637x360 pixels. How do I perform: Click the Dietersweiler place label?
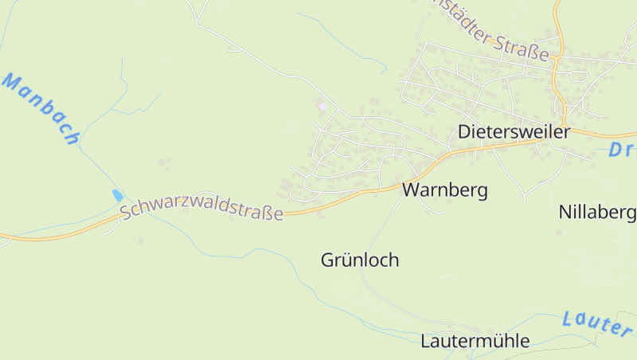(514, 132)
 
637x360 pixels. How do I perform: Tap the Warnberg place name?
(444, 190)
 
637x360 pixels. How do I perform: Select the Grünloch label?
(360, 260)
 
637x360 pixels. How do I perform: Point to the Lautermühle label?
(475, 341)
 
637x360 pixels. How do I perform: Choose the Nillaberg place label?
(596, 212)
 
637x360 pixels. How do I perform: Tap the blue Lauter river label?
(596, 322)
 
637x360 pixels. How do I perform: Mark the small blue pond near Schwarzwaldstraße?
(118, 194)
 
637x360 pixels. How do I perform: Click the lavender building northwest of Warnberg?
(322, 106)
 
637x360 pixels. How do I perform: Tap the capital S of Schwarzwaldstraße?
(125, 213)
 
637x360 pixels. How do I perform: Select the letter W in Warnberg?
(411, 190)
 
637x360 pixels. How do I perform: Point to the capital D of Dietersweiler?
(464, 132)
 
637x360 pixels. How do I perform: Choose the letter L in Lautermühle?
(425, 341)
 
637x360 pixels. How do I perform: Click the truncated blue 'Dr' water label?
(621, 151)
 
